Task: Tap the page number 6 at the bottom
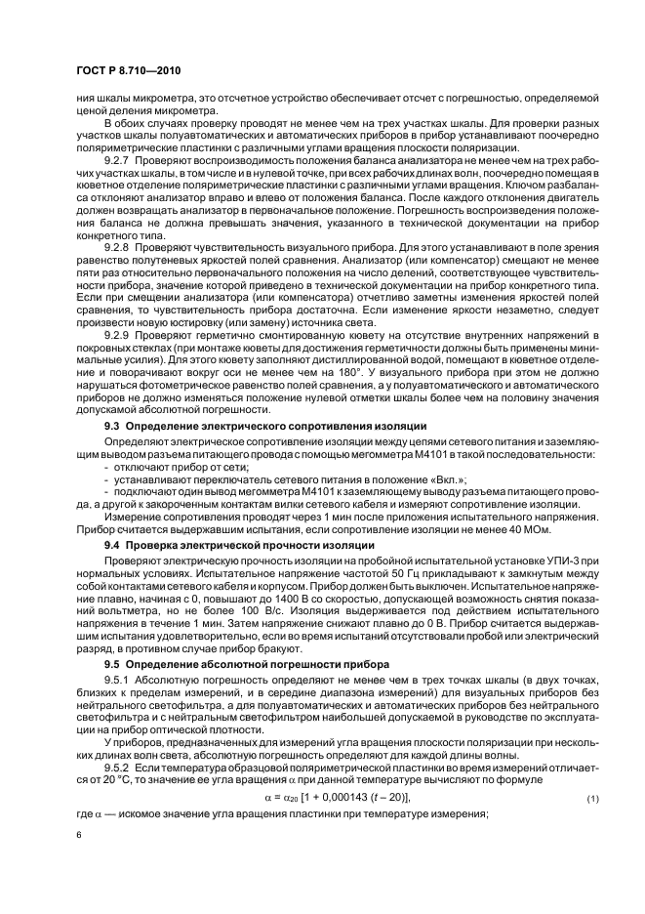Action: click(78, 835)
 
